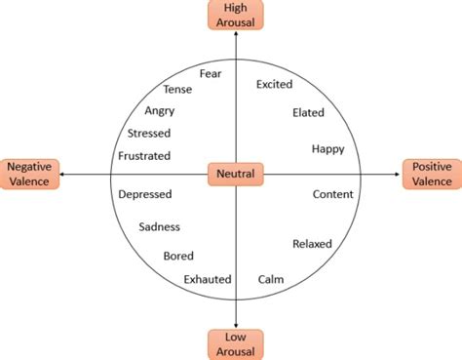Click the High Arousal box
click(x=236, y=15)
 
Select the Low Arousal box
click(x=235, y=343)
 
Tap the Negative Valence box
click(x=29, y=174)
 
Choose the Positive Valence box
click(x=431, y=174)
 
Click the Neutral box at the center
click(x=235, y=175)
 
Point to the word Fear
click(x=211, y=73)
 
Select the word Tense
click(x=177, y=90)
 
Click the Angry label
click(x=159, y=111)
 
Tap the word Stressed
click(x=149, y=133)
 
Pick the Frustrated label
click(x=144, y=155)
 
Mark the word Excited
click(x=274, y=85)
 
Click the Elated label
click(x=308, y=113)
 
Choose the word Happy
click(x=327, y=148)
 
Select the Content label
click(x=332, y=194)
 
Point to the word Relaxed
click(x=312, y=243)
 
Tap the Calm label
click(x=271, y=279)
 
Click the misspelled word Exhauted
click(x=208, y=279)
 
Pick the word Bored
click(x=178, y=256)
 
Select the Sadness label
click(x=160, y=227)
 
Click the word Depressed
click(x=145, y=194)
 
